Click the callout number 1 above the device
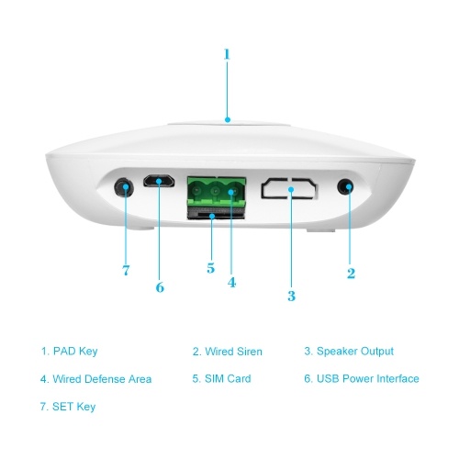click(x=227, y=54)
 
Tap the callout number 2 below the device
click(x=351, y=274)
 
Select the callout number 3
click(x=291, y=296)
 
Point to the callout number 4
click(x=231, y=282)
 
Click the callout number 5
click(x=210, y=268)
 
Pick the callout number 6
click(x=160, y=287)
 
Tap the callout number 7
click(x=126, y=270)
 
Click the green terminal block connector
click(x=217, y=192)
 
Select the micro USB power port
click(x=159, y=181)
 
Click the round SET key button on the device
click(x=124, y=187)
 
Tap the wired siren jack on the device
click(x=345, y=186)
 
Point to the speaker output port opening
click(x=289, y=188)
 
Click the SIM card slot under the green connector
click(x=216, y=213)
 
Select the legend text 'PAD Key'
click(x=75, y=351)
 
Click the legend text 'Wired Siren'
click(x=233, y=352)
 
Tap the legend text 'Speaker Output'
click(x=355, y=352)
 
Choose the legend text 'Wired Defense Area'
click(x=102, y=379)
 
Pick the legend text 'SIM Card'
click(x=228, y=378)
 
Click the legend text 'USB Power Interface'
click(x=368, y=378)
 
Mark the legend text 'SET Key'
click(x=74, y=407)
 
